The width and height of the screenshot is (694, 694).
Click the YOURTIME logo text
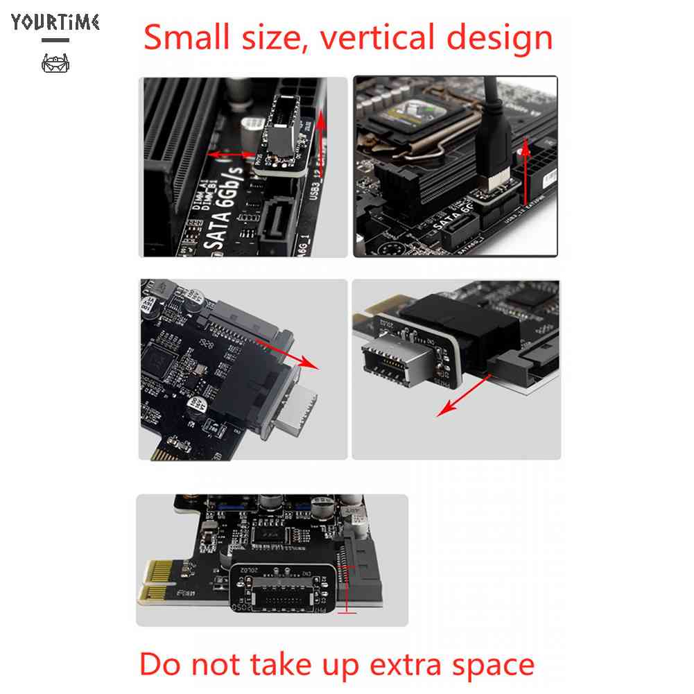55,21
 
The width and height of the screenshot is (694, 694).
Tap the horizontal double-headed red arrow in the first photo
232,154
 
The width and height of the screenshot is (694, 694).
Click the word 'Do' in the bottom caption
162,663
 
